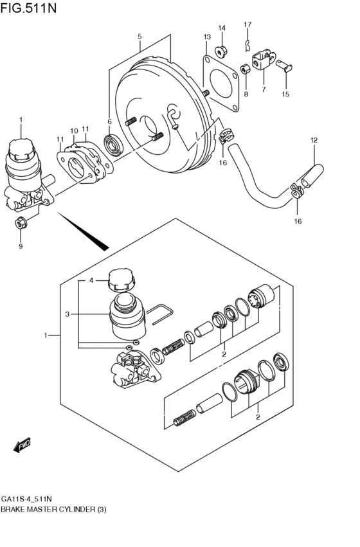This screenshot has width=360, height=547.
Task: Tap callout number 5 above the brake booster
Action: click(x=139, y=37)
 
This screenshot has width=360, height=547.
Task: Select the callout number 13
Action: click(x=207, y=37)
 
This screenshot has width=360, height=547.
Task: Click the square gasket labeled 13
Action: click(x=224, y=82)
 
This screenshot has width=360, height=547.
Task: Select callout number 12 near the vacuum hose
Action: click(x=314, y=140)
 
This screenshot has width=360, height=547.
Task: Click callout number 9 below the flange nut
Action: click(x=20, y=246)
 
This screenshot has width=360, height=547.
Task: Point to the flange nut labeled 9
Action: click(x=19, y=223)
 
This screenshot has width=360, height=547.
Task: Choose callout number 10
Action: click(x=74, y=130)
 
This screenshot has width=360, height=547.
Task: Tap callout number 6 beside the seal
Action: click(x=109, y=121)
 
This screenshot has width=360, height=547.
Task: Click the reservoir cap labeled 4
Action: click(x=120, y=280)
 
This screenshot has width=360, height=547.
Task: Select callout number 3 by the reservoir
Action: click(x=66, y=314)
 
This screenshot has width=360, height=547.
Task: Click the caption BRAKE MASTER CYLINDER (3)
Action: click(x=53, y=509)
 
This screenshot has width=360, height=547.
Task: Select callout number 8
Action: click(x=245, y=95)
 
